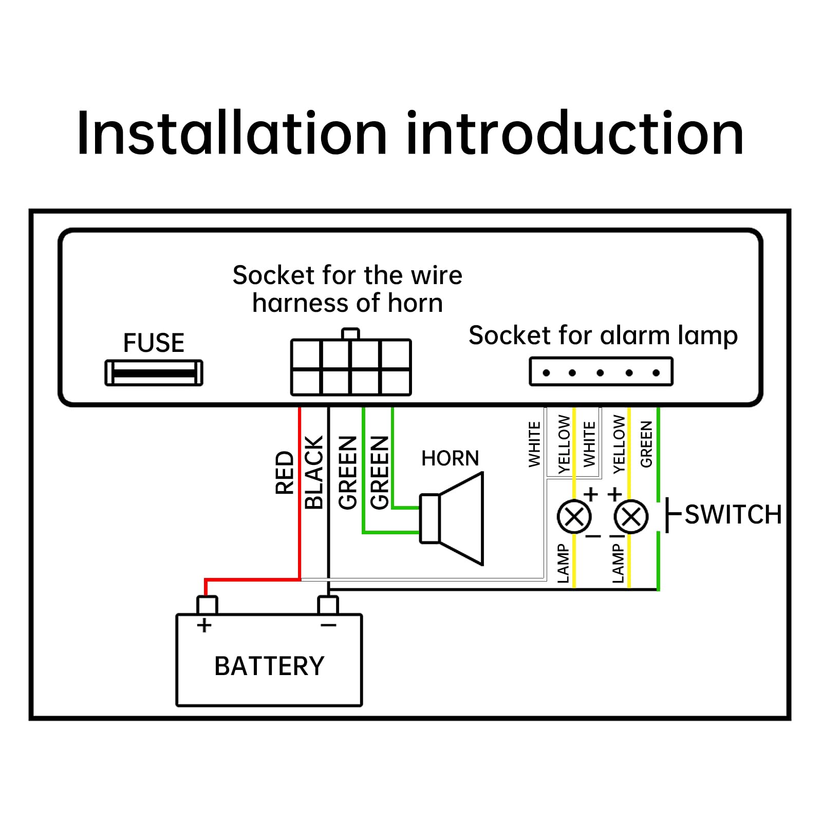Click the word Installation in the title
(231, 133)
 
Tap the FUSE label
(154, 343)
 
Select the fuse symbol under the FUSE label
(154, 373)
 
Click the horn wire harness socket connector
(351, 367)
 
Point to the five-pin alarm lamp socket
(601, 371)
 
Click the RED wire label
(285, 473)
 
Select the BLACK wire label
(314, 473)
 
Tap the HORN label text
(450, 458)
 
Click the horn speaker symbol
(452, 519)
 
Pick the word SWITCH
(733, 515)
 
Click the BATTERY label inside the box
(269, 666)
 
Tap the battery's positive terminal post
(207, 605)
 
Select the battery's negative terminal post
(328, 605)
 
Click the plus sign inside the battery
(204, 625)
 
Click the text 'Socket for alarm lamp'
(603, 335)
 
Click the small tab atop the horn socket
(350, 334)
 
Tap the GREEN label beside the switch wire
(646, 444)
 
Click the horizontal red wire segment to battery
(252, 580)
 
